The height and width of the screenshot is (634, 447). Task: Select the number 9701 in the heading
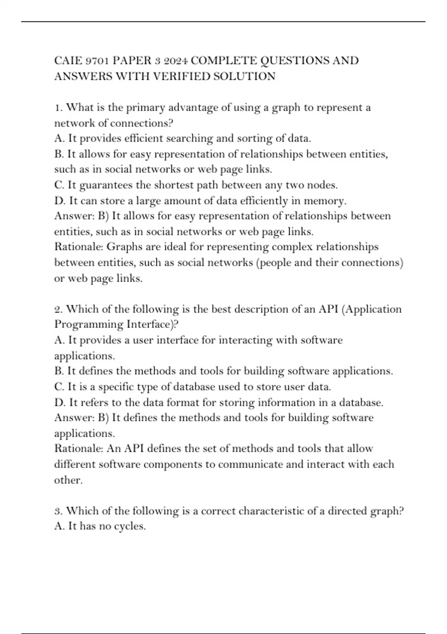97,60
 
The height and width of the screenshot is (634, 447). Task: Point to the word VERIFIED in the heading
181,76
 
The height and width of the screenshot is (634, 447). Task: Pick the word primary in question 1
146,108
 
